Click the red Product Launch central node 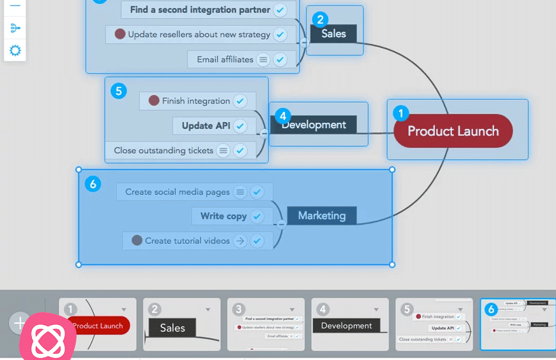pyautogui.click(x=453, y=131)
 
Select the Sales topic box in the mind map pyautogui.click(x=333, y=34)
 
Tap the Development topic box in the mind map pyautogui.click(x=313, y=125)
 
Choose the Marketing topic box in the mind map pyautogui.click(x=321, y=216)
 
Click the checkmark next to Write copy pyautogui.click(x=257, y=216)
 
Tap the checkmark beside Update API pyautogui.click(x=239, y=126)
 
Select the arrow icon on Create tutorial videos pyautogui.click(x=239, y=241)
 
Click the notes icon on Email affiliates pyautogui.click(x=263, y=60)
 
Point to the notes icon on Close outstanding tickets pyautogui.click(x=223, y=150)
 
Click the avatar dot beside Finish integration pyautogui.click(x=154, y=100)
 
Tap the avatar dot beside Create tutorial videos pyautogui.click(x=137, y=240)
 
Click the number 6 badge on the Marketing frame pyautogui.click(x=93, y=185)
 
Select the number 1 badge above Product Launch pyautogui.click(x=401, y=113)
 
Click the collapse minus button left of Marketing pyautogui.click(x=281, y=224)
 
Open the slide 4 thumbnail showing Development pyautogui.click(x=346, y=325)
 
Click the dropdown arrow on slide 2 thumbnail pyautogui.click(x=208, y=310)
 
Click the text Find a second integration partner pyautogui.click(x=200, y=10)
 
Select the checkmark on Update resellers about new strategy pyautogui.click(x=280, y=35)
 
